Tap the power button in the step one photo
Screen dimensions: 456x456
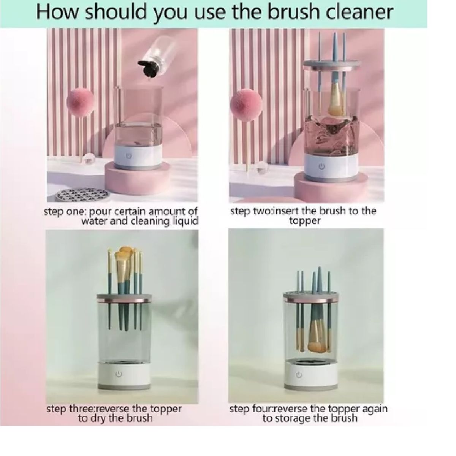(129, 156)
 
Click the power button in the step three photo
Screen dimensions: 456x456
(119, 375)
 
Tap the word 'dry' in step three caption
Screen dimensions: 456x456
(100, 418)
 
